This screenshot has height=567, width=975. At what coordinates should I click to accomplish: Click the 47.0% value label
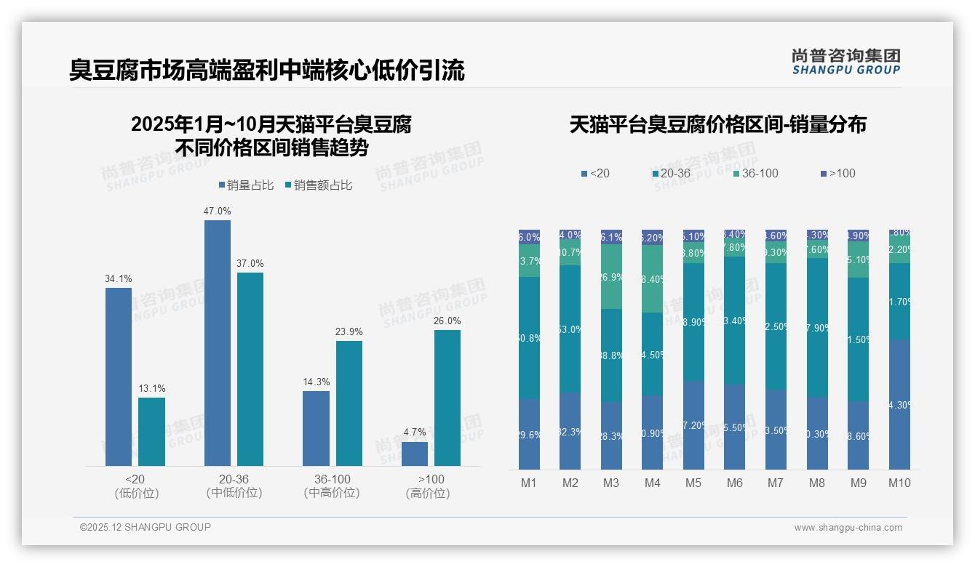coord(217,211)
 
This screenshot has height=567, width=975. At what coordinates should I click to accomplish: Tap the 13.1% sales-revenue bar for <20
coord(151,432)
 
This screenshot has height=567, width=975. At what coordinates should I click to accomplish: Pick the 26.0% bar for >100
coord(447,398)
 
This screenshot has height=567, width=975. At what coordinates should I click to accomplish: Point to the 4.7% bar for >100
coord(415,454)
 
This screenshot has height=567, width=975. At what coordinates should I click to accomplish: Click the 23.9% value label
coord(349,331)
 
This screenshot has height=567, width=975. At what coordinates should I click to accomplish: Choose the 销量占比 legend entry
coord(246,185)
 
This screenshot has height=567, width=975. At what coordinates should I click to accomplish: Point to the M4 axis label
coord(652,483)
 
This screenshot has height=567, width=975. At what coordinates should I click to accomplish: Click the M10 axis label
coord(899,483)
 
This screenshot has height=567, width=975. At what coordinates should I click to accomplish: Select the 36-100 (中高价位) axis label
coord(333,486)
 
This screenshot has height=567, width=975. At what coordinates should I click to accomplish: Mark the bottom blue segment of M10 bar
coord(899,404)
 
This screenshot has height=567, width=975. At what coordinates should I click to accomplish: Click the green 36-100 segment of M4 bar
coord(652,278)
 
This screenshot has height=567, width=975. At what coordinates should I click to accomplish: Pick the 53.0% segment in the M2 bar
coord(570,329)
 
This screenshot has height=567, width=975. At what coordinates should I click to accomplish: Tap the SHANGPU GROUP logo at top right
coord(846,61)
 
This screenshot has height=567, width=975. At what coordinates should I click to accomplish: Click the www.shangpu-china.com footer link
coord(848,528)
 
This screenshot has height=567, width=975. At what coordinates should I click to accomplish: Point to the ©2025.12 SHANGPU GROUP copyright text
coord(146,527)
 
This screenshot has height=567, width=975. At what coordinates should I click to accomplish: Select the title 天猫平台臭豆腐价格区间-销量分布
coord(717,124)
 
